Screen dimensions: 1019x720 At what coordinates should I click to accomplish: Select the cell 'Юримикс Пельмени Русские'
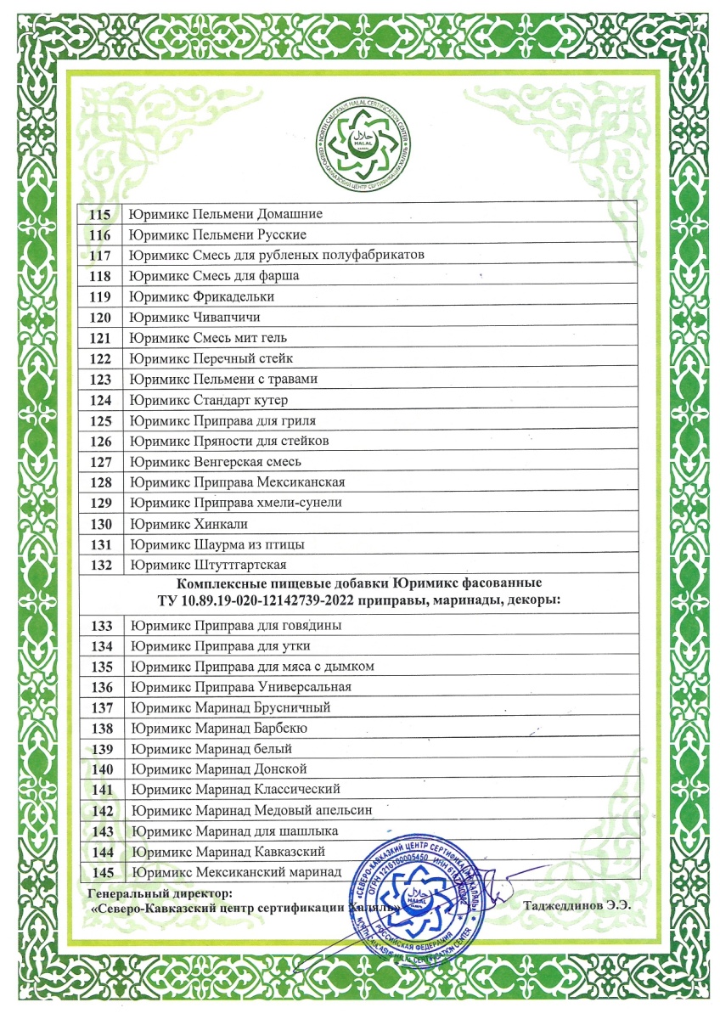pos(217,235)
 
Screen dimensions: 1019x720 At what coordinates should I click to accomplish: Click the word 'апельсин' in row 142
pos(347,811)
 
